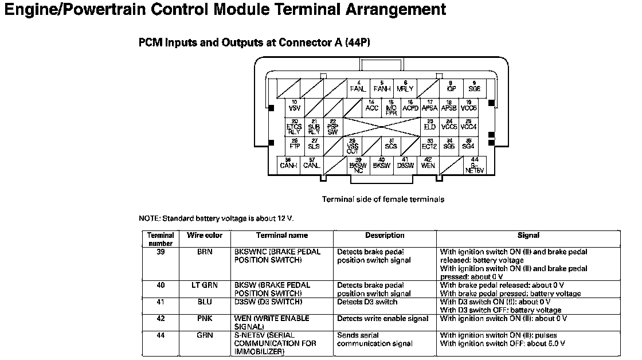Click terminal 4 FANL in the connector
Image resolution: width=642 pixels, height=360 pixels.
pyautogui.click(x=358, y=87)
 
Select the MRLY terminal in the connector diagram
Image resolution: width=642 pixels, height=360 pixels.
pyautogui.click(x=405, y=87)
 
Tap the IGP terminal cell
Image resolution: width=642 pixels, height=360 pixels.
pyautogui.click(x=451, y=87)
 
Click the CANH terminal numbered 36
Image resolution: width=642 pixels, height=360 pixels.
pyautogui.click(x=288, y=165)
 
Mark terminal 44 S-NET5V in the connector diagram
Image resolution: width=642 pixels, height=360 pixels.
pyautogui.click(x=474, y=165)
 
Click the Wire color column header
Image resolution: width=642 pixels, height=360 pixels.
pyautogui.click(x=205, y=236)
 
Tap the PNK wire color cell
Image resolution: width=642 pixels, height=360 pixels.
pyautogui.click(x=205, y=318)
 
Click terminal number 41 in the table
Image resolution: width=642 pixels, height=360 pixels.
pyautogui.click(x=160, y=302)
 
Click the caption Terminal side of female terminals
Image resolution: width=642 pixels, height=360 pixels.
pyautogui.click(x=383, y=199)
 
